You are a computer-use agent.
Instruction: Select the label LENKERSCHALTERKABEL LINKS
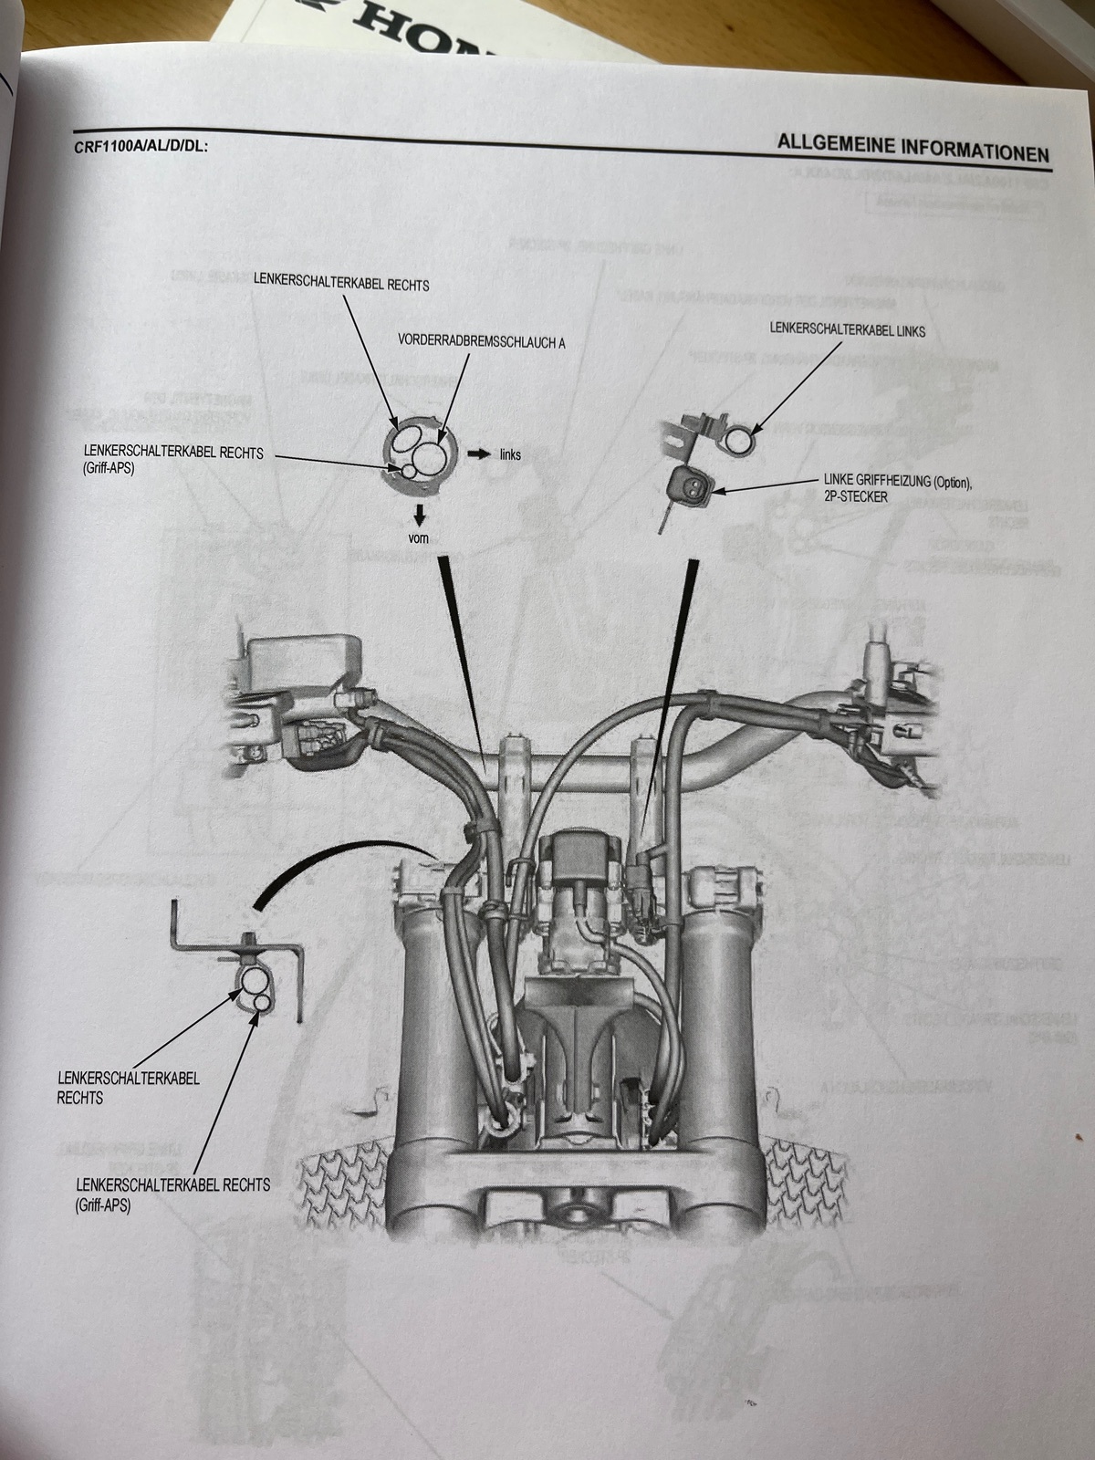click(848, 330)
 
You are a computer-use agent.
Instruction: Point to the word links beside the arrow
click(511, 454)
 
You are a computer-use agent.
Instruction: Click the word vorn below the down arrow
click(417, 538)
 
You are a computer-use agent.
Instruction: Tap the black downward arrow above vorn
click(419, 511)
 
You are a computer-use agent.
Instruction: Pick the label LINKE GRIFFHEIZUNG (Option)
click(904, 482)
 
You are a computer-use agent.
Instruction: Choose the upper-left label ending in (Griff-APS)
click(172, 459)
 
